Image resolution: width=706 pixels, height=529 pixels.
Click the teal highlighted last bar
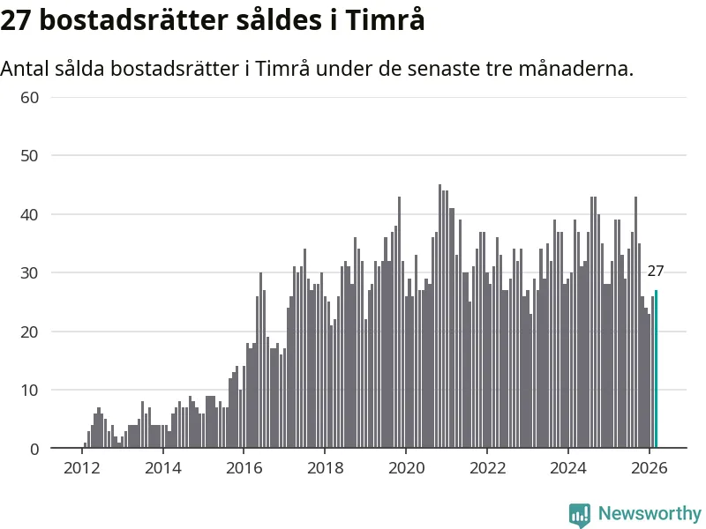[656, 369]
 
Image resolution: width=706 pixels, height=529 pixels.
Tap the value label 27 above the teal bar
[656, 272]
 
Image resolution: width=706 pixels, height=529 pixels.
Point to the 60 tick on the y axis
[30, 97]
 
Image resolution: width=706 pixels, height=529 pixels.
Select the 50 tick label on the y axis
[30, 156]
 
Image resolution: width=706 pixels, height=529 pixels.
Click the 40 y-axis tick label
[30, 214]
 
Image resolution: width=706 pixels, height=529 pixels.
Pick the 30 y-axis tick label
[30, 273]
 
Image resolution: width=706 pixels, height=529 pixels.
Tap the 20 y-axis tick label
[30, 332]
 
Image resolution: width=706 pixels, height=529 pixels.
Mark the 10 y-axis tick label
[30, 391]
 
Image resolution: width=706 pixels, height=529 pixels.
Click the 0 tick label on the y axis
[34, 449]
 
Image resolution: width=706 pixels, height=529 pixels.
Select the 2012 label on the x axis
[81, 467]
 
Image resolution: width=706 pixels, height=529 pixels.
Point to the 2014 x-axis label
[162, 467]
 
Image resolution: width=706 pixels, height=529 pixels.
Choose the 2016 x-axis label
[244, 467]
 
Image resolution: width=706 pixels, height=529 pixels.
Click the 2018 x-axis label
[325, 467]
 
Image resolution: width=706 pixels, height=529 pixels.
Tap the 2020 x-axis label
[406, 467]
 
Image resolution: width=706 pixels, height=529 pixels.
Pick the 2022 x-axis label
[487, 467]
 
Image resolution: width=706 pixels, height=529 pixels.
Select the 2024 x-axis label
[568, 467]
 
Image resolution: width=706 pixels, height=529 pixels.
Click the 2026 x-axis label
[650, 467]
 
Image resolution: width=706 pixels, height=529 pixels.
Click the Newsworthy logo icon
[580, 515]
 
